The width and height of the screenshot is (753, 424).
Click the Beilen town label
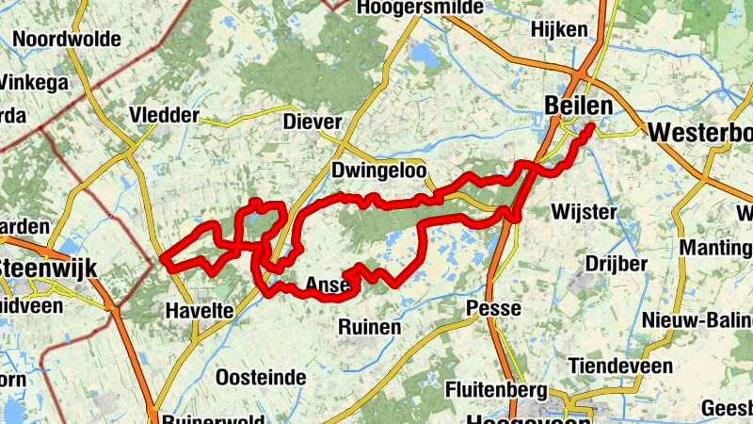[577, 106]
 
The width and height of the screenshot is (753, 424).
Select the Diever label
[311, 122]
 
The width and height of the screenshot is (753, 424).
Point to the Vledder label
[165, 116]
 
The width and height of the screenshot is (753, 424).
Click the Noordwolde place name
[67, 39]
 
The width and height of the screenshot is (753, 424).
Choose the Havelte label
[192, 310]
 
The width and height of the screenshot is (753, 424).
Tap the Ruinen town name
[369, 327]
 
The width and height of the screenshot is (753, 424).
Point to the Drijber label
[617, 263]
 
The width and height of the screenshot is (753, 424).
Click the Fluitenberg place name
[497, 388]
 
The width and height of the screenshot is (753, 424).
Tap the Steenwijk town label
[47, 268]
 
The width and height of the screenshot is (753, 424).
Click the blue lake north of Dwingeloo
[425, 57]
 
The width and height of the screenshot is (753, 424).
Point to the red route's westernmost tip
[164, 257]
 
